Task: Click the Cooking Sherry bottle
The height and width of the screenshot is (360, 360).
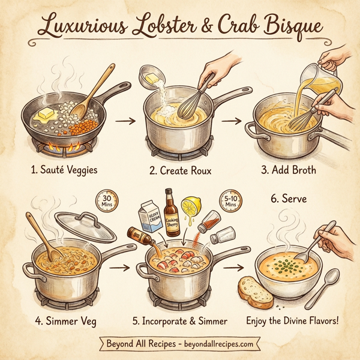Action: tap(172, 214)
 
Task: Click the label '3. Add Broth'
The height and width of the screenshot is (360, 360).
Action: tap(288, 170)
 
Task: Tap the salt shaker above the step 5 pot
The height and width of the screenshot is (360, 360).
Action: tap(220, 225)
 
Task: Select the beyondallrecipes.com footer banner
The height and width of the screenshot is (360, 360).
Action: tap(179, 346)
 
